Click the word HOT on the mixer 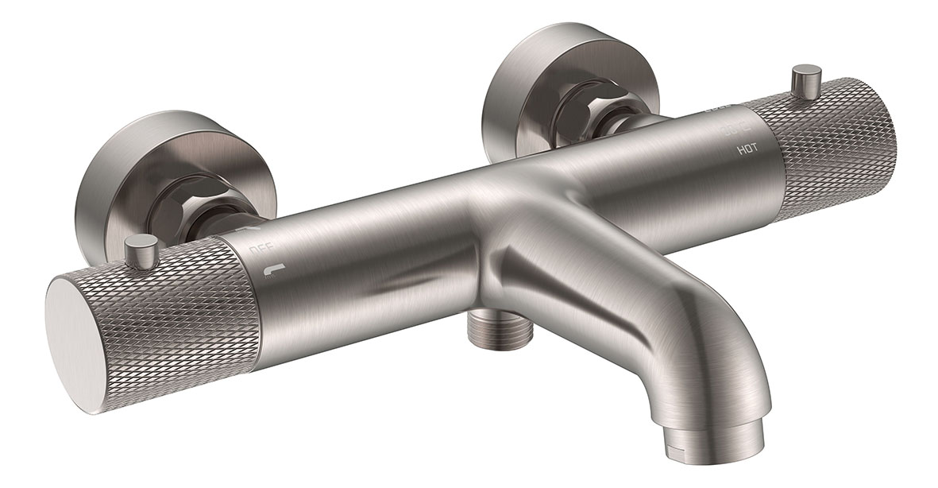click(747, 149)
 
